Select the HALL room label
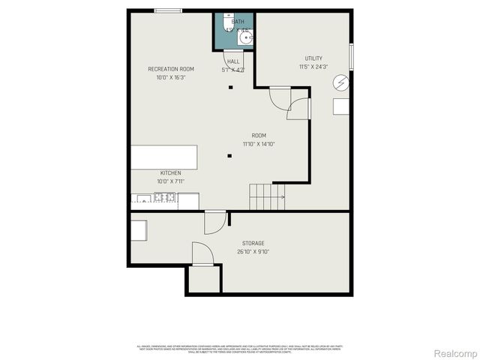point(233,61)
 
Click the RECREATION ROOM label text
point(170,69)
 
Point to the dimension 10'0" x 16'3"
point(170,77)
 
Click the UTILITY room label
point(313,58)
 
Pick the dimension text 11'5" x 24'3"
point(313,66)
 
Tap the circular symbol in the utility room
point(341,82)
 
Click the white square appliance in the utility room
point(341,106)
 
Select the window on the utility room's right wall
point(351,57)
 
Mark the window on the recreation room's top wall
point(167,10)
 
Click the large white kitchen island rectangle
point(163,157)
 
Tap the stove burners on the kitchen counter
point(164,198)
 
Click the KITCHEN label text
point(170,172)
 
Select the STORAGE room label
point(253,243)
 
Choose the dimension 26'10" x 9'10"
point(253,252)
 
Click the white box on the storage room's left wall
point(139,229)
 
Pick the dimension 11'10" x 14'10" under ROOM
point(258,144)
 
